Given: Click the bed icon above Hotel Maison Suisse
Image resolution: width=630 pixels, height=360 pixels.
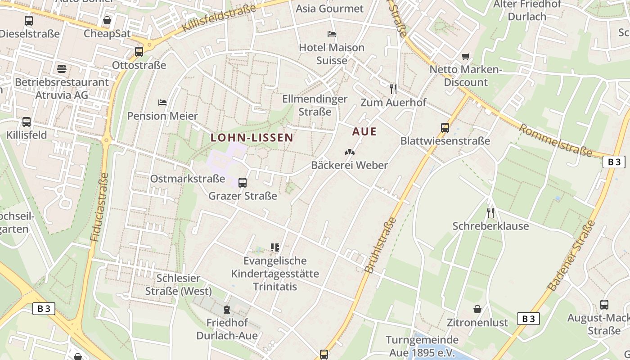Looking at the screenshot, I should click(332, 34).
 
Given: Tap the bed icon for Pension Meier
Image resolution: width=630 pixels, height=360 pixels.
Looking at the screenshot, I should click(162, 103).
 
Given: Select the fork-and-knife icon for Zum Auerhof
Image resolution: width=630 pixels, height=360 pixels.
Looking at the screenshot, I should click(393, 89).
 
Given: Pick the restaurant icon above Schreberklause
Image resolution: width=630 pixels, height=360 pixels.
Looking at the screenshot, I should click(490, 212).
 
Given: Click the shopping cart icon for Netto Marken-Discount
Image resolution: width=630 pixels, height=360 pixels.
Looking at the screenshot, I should click(466, 57).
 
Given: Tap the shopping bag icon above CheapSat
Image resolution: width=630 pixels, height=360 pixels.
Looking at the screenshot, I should click(107, 20).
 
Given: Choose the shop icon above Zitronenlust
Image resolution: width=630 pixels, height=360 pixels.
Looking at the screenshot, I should click(477, 309).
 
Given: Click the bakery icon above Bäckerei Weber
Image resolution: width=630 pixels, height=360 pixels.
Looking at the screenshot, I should click(349, 152).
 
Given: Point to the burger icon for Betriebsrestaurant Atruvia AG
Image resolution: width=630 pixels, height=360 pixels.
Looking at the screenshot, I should click(62, 69).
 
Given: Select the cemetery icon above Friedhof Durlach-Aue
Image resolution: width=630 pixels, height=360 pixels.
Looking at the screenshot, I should click(227, 310).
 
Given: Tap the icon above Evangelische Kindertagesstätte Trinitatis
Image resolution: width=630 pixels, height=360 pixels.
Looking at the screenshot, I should click(275, 247).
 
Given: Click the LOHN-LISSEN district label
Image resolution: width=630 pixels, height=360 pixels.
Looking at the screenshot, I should click(252, 138).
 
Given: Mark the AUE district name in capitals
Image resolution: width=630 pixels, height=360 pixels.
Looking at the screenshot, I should click(364, 132).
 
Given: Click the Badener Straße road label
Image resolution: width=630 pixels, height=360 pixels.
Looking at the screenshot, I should click(571, 255).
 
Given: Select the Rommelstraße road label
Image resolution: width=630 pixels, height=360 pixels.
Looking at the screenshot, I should click(555, 140).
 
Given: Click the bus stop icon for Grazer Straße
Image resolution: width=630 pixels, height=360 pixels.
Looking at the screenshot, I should click(243, 183).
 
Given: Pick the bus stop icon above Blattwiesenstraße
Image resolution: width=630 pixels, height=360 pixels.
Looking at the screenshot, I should click(445, 128).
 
